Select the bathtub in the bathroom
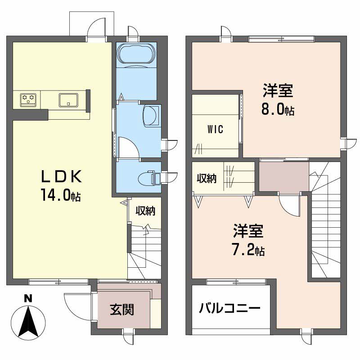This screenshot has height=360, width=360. coord(136,54)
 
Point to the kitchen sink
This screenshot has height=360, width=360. coord(68,99)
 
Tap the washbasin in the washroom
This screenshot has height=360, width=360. coord(151,115)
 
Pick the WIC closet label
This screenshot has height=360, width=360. coord(216,129)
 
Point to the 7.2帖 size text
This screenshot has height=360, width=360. coord(248,249)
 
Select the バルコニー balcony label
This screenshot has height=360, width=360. coord(229,309)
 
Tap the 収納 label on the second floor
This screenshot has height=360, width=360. coord(206,178)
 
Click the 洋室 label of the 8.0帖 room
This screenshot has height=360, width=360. coord(279,91)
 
